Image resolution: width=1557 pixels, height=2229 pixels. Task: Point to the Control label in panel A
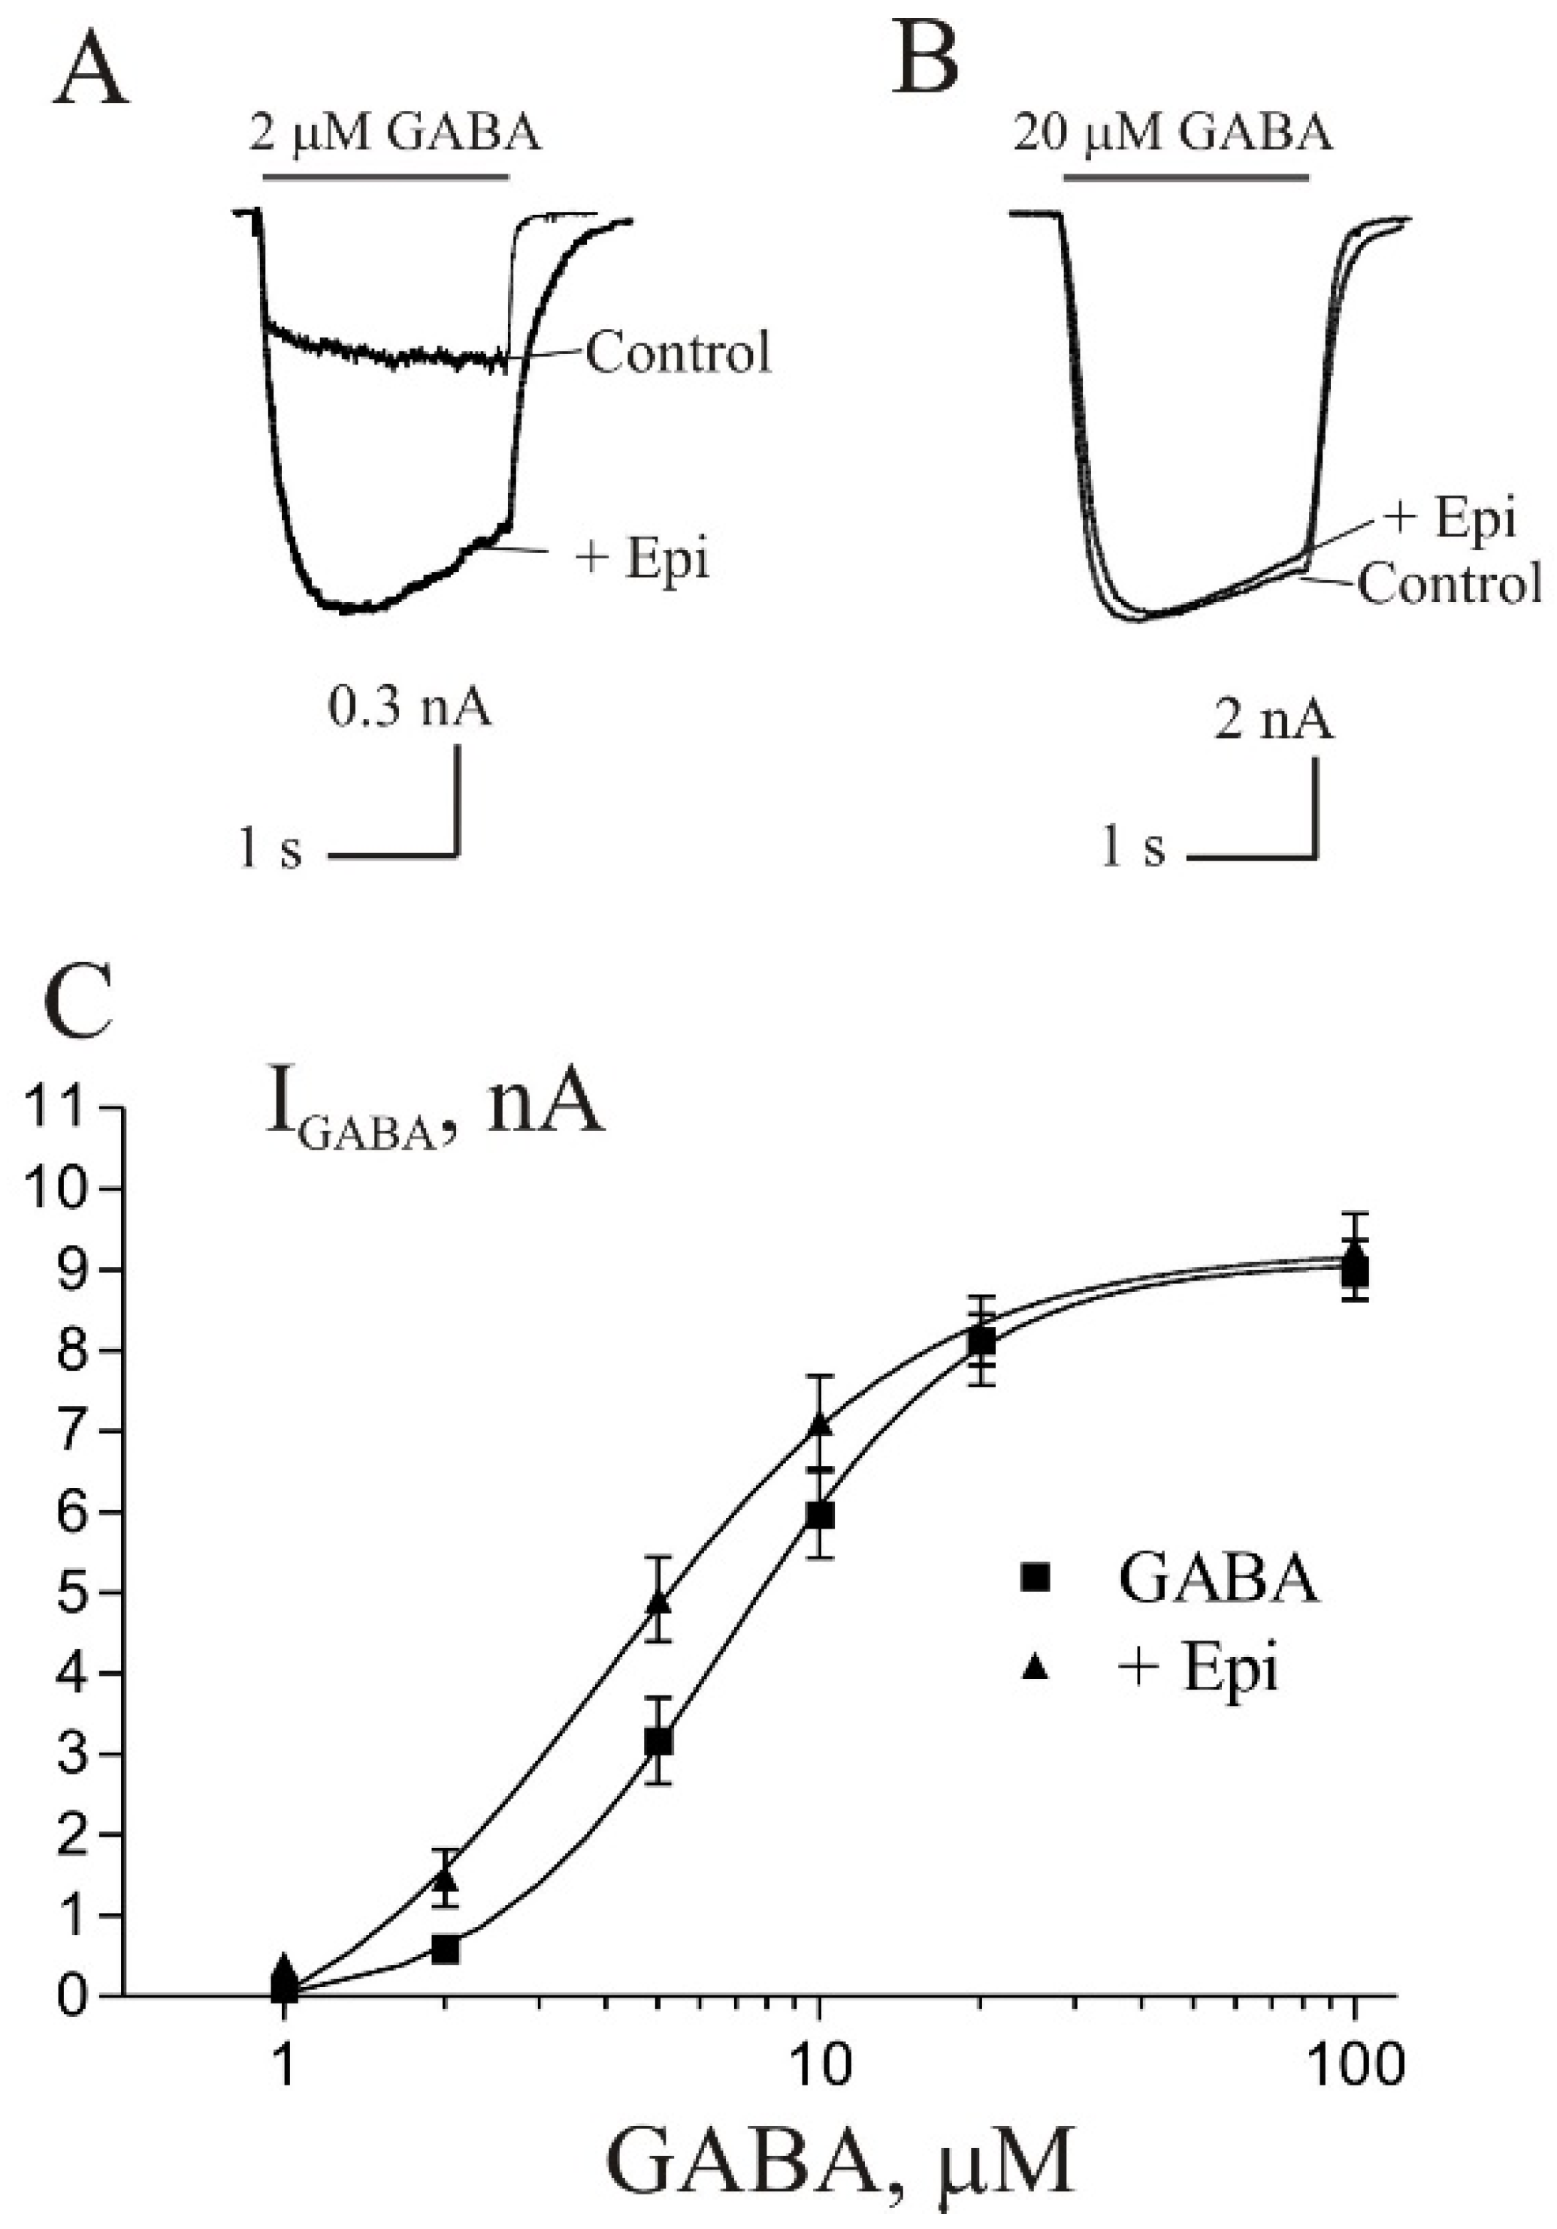[678, 352]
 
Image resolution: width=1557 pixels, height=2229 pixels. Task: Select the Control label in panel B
[1448, 585]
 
